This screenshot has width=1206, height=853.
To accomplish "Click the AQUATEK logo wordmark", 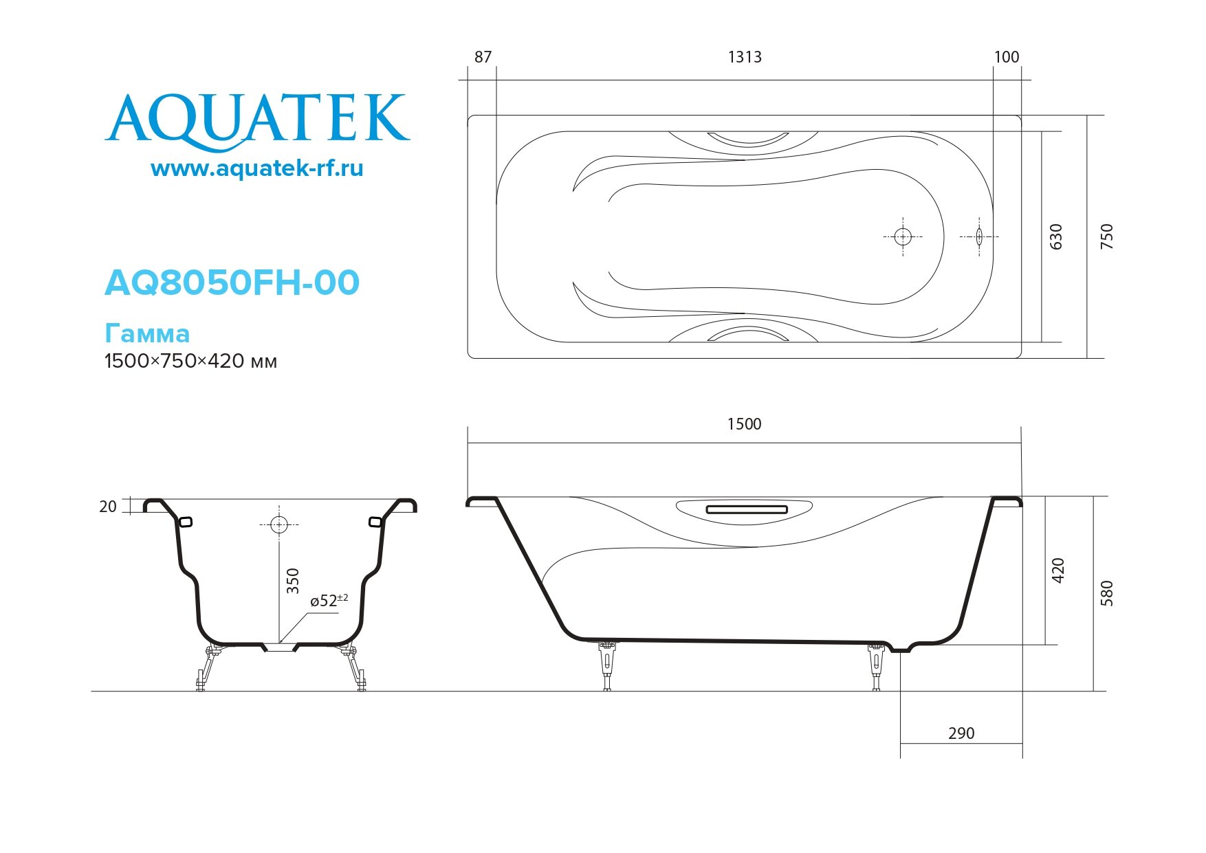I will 257,121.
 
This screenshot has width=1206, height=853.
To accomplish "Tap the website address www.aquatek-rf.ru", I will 256,168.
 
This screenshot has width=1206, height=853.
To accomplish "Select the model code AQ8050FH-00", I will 232,283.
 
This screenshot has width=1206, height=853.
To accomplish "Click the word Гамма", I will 147,333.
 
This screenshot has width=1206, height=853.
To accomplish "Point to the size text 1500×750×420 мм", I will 190,362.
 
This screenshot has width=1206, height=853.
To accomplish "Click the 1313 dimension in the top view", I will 745,57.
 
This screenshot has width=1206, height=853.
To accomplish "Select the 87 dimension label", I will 483,57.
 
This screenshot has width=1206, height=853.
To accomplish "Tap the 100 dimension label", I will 1007,57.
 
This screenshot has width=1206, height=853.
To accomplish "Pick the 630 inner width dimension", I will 1056,236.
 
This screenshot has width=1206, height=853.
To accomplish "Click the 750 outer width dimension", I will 1106,236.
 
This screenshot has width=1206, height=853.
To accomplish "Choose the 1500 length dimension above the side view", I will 745,424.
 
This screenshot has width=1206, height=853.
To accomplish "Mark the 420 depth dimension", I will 1058,570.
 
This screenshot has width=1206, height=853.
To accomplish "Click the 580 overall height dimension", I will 1106,593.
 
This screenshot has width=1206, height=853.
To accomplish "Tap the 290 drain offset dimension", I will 961,733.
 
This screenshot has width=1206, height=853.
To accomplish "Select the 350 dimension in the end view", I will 293,581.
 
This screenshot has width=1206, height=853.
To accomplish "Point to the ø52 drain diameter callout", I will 328,600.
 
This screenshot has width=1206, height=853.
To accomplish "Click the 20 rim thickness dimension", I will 108,507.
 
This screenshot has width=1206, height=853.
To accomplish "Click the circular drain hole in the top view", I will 903,237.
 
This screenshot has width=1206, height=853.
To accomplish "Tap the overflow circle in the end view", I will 278,525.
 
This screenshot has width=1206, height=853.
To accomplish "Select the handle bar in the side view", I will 746,510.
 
